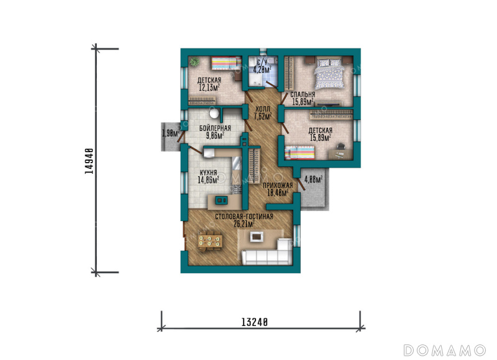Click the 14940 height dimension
click(x=89, y=161)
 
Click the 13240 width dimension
click(x=255, y=322)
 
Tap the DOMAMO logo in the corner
click(x=444, y=351)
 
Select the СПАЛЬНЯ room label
click(x=303, y=94)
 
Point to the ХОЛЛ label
click(x=262, y=109)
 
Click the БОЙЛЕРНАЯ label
click(x=215, y=128)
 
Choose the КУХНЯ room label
click(x=208, y=173)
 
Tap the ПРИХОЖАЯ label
click(x=278, y=186)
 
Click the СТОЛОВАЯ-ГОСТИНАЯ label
click(x=244, y=217)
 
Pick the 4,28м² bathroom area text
click(x=262, y=69)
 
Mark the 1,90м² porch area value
click(x=170, y=133)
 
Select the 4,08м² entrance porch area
click(x=314, y=179)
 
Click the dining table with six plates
click(x=210, y=242)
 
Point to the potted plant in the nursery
click(x=194, y=61)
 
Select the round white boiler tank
click(x=214, y=113)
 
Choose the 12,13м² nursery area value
click(x=209, y=88)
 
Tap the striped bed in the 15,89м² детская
click(x=300, y=153)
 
